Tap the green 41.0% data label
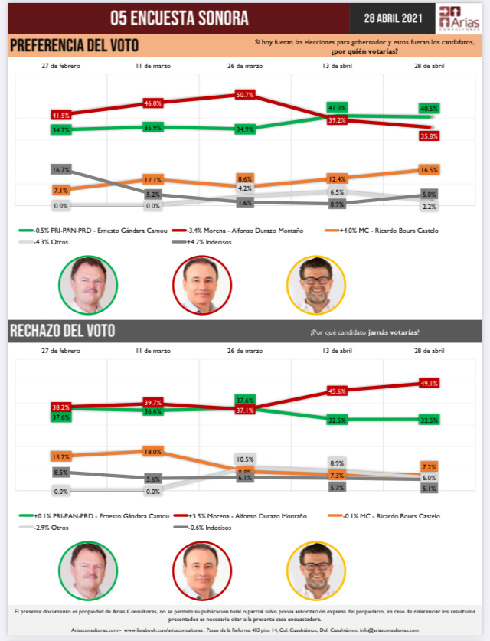pos(337,108)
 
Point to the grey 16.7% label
pos(61,169)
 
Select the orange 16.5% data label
pos(430,169)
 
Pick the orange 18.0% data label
pos(153,452)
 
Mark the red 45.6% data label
pos(337,391)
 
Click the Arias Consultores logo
pos(458,17)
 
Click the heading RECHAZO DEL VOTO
pos(63,331)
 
